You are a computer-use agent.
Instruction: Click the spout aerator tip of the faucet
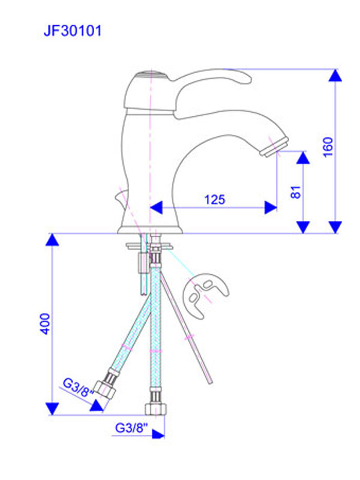coord(274,146)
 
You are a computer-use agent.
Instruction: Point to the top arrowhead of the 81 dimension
coord(303,158)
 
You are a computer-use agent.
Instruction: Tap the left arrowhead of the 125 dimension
coord(157,208)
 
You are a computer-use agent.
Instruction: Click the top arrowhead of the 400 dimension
coord(53,241)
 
